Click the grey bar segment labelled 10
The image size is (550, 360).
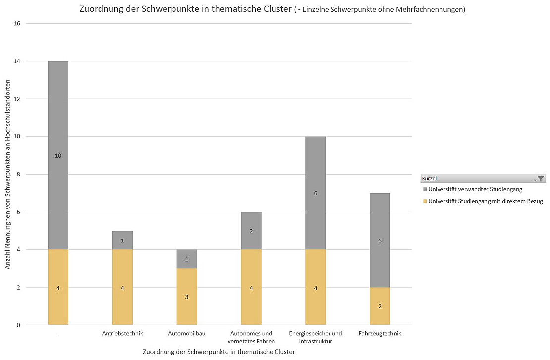coord(58,155)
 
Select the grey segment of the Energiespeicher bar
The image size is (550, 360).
coord(316,193)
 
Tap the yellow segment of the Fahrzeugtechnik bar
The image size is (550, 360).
coord(380,306)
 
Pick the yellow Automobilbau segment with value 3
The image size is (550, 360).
coord(187,297)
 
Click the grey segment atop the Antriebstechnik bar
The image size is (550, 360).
coord(122,240)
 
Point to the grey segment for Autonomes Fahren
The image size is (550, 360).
coord(251,231)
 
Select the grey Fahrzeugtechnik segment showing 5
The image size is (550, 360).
coord(380,240)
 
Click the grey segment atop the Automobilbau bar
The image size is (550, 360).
coord(187,259)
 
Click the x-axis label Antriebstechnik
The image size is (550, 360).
coord(122,334)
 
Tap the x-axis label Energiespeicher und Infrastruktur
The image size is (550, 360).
coord(316,337)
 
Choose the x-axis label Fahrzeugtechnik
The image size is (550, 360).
coord(380,334)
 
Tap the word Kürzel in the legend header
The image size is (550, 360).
coord(429,179)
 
